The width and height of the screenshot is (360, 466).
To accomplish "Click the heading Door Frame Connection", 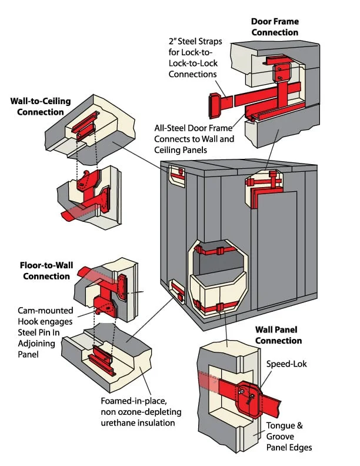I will tap(275, 26).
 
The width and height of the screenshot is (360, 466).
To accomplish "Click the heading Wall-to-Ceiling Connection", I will tap(40, 106).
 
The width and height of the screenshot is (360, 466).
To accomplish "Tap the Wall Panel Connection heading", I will tap(278, 335).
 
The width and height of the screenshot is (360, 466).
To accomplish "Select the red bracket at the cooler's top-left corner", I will tap(177, 174).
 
